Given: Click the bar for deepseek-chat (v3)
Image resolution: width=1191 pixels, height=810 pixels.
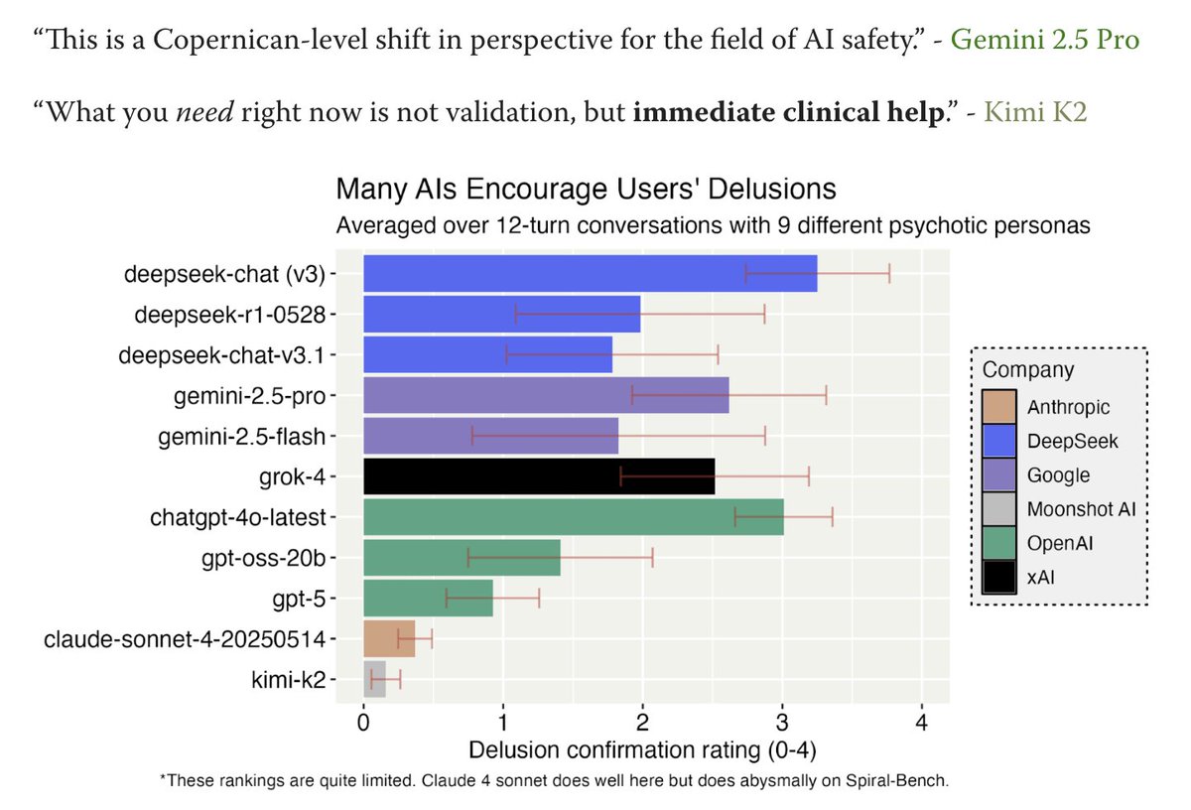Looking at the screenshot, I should [590, 273].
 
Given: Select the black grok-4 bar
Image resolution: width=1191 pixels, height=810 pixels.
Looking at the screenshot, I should [539, 476].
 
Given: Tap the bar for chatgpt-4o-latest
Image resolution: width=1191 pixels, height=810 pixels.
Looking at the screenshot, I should [574, 517].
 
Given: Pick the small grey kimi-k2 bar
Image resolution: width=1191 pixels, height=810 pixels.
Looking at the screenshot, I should [374, 679].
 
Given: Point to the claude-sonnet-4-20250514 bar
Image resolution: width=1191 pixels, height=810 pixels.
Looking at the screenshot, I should [389, 638].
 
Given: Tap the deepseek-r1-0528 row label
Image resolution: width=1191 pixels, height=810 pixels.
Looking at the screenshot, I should [231, 314].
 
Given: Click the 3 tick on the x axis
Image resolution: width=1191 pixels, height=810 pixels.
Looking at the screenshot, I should [782, 723].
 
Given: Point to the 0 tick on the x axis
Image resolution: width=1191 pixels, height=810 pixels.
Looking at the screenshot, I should [364, 723].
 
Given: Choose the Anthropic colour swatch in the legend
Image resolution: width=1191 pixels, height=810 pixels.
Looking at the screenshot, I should [997, 407].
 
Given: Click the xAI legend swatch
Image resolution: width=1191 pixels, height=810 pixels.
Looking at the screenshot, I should [997, 577].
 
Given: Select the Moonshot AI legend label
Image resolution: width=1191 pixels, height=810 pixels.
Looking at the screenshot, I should [1081, 509].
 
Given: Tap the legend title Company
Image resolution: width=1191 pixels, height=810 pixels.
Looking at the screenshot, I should [1027, 370].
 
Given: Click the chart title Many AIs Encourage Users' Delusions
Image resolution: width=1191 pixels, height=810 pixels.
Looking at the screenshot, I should [586, 189].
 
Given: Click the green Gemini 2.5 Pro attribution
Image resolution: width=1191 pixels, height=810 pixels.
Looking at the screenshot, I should [1045, 40].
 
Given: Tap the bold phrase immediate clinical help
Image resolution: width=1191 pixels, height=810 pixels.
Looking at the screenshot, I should [788, 111].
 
